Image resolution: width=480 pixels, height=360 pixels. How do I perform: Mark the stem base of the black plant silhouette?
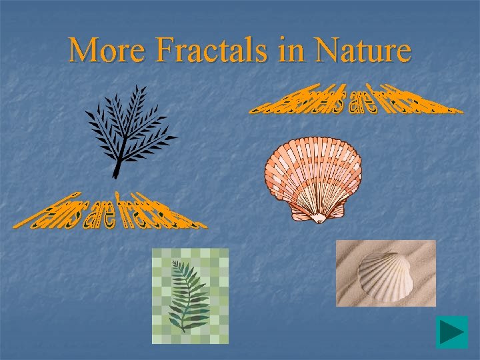click(x=115, y=175)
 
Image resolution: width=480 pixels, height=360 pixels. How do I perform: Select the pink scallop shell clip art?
click(x=313, y=177)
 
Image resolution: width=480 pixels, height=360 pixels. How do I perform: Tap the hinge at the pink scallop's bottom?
click(x=319, y=217)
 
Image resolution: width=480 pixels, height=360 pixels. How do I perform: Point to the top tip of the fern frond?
click(x=175, y=262)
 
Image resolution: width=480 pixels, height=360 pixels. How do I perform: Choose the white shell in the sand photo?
click(x=385, y=274)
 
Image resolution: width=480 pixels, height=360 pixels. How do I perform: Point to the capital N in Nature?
click(x=328, y=50)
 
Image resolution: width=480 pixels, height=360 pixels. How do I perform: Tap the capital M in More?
click(x=83, y=50)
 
